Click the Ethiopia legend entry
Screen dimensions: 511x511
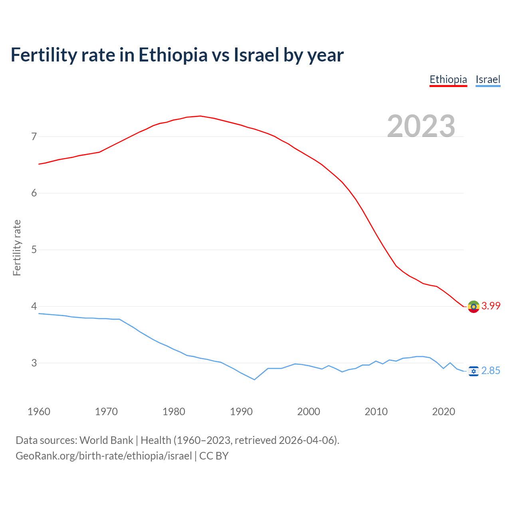pos(448,79)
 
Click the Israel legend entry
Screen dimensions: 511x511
pos(488,79)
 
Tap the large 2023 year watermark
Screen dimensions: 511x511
pos(421,126)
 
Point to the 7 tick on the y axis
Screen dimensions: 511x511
pos(34,137)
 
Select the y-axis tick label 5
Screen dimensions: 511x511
pos(34,250)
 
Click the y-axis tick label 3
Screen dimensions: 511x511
pos(34,363)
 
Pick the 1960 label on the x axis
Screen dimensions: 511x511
pos(39,412)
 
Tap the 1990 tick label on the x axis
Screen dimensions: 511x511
pos(241,412)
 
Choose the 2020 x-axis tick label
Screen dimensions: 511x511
pos(444,412)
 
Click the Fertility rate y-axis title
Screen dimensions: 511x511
pos(17,248)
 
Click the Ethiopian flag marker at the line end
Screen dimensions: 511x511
pos(473,307)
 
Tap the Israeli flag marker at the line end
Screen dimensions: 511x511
pos(473,371)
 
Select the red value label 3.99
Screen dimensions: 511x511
pos(491,306)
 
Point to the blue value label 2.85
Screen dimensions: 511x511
pos(491,371)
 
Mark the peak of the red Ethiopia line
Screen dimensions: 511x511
pos(200,116)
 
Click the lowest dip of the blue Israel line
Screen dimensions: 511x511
pos(254,379)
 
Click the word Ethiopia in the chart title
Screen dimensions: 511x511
pos(173,55)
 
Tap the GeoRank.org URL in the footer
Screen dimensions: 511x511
pos(104,456)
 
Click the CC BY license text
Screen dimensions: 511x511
pos(214,456)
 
